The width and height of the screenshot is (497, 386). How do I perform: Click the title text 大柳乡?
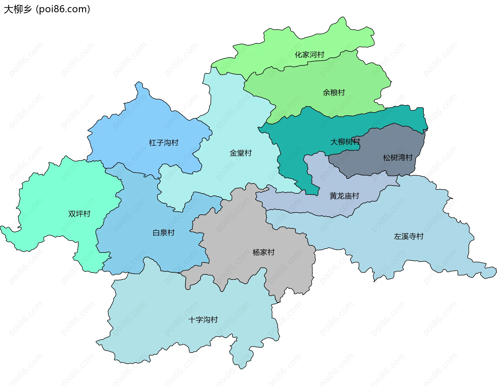coord(18,9)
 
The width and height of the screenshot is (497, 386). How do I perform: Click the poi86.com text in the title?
coord(63,9)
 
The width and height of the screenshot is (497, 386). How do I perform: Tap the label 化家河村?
coord(309,55)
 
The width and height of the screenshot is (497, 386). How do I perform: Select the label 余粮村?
coord(334,92)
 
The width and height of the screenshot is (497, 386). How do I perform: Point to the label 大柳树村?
coord(345,142)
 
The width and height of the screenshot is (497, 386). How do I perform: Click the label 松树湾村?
coord(398,158)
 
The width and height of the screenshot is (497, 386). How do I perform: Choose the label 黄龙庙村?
coord(344,196)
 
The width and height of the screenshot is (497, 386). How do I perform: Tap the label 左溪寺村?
coord(408,236)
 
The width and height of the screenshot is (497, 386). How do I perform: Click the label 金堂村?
coord(240,153)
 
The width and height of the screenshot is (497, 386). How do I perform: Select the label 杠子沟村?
coord(163,143)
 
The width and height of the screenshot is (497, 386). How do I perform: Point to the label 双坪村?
coord(79,214)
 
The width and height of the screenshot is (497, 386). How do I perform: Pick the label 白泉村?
coord(163,233)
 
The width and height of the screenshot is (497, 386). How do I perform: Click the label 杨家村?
coord(263,252)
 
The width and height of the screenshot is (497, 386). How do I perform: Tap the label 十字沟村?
coord(203,320)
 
